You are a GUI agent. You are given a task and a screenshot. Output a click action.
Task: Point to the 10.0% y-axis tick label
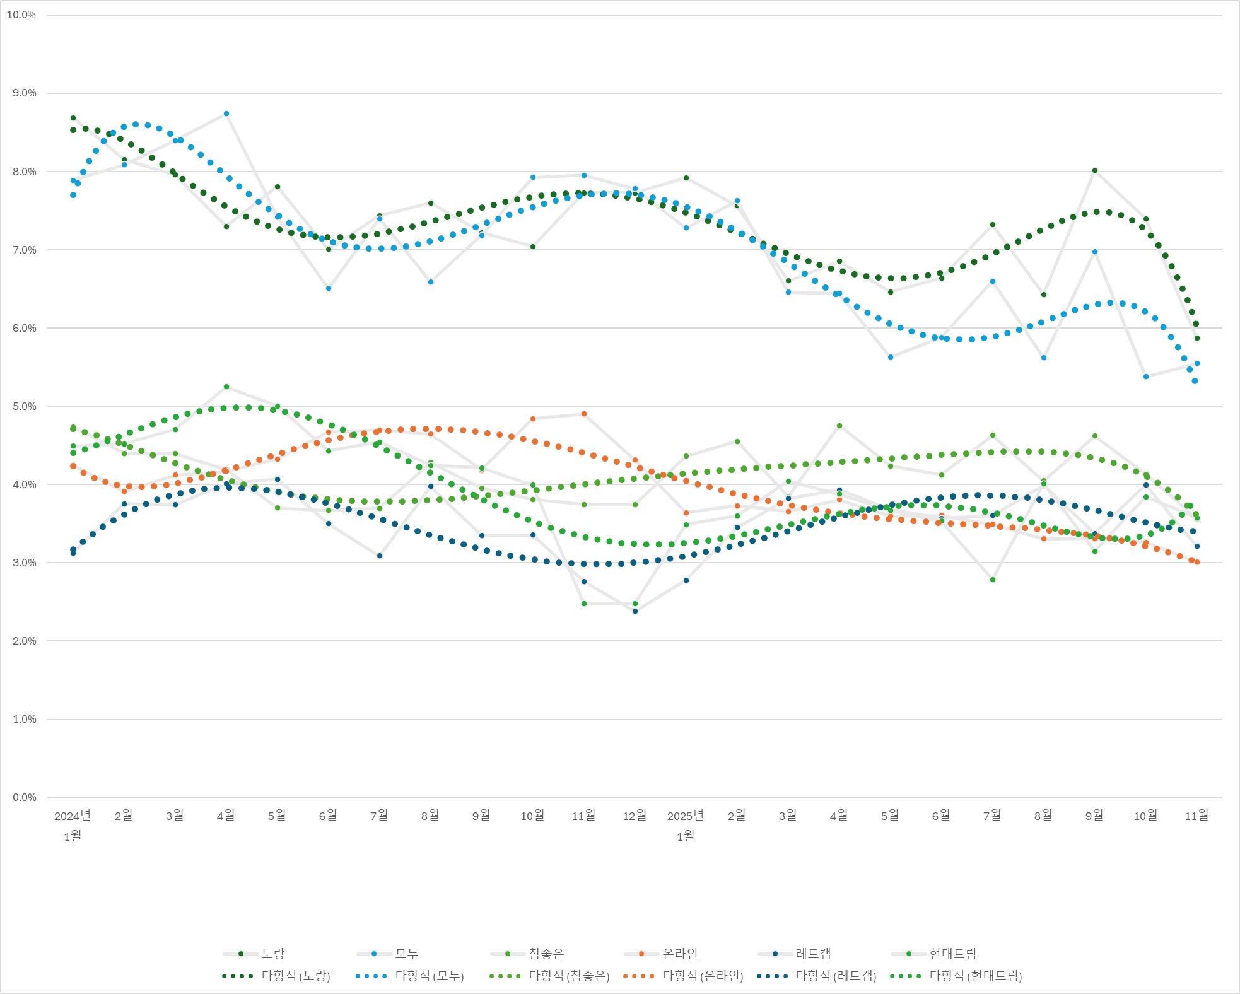pos(21,15)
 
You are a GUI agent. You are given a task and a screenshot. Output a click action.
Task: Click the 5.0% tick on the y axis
pos(24,406)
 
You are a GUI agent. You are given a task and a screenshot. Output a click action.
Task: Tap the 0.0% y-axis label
pos(24,797)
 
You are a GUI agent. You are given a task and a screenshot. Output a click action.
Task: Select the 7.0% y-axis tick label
pos(24,250)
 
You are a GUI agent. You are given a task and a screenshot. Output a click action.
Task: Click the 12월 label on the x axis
pos(635,816)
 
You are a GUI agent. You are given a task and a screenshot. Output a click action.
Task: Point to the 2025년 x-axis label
pos(686,816)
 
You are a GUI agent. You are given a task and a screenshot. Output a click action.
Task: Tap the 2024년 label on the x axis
pos(73,816)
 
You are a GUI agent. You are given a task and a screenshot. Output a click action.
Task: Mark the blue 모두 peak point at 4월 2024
pos(226,114)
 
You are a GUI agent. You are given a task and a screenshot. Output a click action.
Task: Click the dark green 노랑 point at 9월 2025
pos(1095,170)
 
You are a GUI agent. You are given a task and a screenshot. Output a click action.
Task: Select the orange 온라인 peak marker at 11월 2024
pos(584,414)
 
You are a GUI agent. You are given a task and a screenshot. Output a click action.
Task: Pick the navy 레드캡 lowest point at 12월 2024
pos(635,611)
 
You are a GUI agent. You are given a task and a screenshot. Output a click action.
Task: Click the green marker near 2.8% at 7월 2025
pos(993,580)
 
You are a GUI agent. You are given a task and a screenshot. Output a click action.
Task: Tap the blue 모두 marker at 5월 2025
pos(891,357)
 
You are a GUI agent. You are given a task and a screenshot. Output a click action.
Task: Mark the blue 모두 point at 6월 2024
pos(329,288)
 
